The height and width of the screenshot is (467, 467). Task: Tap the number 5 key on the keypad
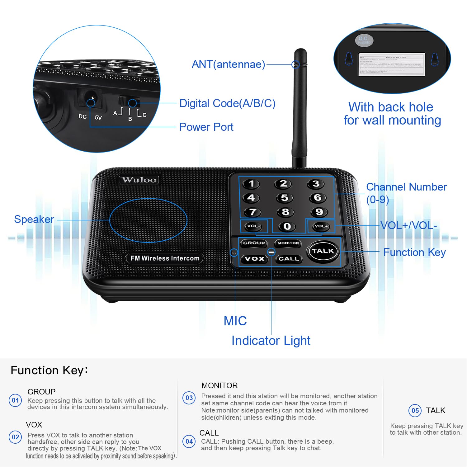[x=285, y=198]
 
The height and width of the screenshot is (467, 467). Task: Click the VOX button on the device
[x=254, y=259]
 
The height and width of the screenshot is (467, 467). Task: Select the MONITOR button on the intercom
[x=288, y=243]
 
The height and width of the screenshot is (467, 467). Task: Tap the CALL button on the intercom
[x=289, y=259]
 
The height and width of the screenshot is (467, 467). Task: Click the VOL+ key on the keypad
[x=321, y=226]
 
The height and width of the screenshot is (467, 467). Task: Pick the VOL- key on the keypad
[x=254, y=226]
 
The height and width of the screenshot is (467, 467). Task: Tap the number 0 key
[x=287, y=226]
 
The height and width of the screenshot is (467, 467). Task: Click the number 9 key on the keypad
[x=319, y=212]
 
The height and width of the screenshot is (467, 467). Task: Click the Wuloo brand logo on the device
[x=139, y=180]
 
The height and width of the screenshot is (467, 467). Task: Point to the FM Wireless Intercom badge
[x=165, y=258]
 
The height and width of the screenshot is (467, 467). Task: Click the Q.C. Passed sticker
[x=364, y=40]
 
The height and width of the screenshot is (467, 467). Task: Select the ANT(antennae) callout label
[x=228, y=64]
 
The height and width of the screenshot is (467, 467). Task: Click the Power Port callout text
[x=206, y=127]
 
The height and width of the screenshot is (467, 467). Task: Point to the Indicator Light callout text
[x=271, y=341]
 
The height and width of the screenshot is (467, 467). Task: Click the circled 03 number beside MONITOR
[x=189, y=398]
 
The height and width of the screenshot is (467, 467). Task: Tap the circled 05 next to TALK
[x=415, y=411]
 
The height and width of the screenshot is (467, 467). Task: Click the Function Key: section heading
[x=49, y=370]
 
